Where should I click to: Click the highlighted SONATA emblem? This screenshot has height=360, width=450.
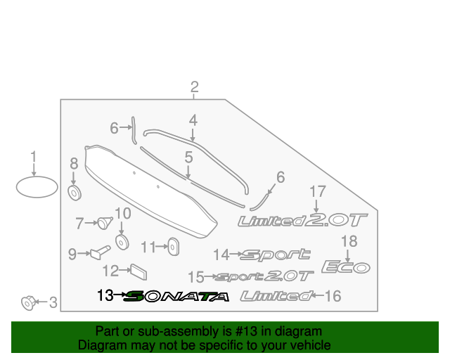176,296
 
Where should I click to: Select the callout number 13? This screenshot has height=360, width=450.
105,295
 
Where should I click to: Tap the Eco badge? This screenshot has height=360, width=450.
346,266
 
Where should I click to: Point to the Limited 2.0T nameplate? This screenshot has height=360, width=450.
303,220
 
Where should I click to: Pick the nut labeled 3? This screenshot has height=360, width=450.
28,302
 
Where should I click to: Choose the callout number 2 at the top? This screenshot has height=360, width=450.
194,86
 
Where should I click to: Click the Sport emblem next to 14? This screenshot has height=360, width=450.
275,255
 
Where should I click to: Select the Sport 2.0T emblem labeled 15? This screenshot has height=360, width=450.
264,276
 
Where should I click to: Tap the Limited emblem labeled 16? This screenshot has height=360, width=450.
276,296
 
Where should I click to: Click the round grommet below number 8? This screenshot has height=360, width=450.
75,193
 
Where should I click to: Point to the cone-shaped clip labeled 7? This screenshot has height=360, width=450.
105,223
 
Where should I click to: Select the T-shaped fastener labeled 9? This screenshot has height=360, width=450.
100,252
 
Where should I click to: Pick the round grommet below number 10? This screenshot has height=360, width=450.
122,242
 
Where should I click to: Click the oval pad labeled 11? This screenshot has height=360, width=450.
174,246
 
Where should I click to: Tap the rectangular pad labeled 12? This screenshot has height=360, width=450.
139,272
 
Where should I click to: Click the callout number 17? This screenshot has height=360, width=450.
318,191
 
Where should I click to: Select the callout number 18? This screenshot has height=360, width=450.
349,241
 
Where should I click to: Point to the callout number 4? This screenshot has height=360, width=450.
193,120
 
